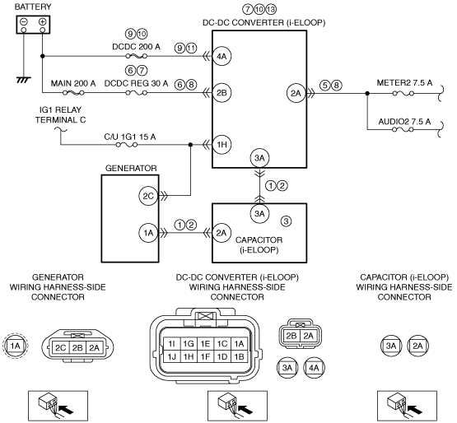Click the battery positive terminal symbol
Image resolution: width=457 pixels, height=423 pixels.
[43, 21]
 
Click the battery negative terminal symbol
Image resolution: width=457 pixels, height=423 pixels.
[24, 21]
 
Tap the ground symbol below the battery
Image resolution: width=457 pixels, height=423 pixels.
[24, 80]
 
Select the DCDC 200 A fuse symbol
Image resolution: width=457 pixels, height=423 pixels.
[136, 56]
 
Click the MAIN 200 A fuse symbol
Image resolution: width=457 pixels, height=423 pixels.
[73, 93]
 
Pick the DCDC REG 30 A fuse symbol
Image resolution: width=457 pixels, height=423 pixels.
[136, 93]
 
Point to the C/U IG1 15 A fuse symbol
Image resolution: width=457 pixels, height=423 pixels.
[127, 145]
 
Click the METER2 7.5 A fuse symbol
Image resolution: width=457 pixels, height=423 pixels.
[403, 93]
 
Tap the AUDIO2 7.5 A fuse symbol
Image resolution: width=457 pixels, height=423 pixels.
[403, 129]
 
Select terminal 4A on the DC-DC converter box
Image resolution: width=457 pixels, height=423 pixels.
[222, 56]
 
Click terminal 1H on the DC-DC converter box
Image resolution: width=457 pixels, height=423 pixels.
[222, 145]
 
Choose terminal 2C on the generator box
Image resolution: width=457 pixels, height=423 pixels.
[148, 196]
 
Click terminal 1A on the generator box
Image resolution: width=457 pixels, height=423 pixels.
[148, 233]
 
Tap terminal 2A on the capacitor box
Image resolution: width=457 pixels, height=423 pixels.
[222, 233]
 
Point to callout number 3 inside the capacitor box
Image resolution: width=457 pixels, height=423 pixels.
[286, 221]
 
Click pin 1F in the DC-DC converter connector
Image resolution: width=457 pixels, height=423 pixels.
[206, 356]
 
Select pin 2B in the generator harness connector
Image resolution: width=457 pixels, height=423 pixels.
[77, 347]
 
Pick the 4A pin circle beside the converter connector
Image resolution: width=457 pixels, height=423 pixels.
[314, 368]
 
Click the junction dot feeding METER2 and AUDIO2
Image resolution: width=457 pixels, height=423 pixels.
[367, 93]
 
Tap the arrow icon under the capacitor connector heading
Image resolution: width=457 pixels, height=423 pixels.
[407, 406]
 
